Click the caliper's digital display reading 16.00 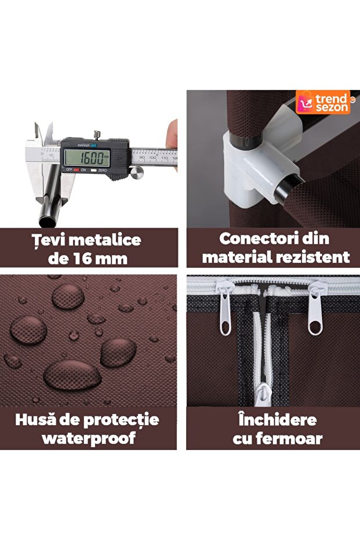coord(87,158)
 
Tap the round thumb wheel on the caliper coord(137,172)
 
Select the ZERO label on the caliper coord(102,170)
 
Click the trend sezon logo coord(323,103)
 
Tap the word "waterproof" coord(89,438)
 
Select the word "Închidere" coord(278,420)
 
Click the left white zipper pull coord(224,307)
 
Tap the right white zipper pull coord(316,308)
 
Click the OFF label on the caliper coord(69,170)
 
